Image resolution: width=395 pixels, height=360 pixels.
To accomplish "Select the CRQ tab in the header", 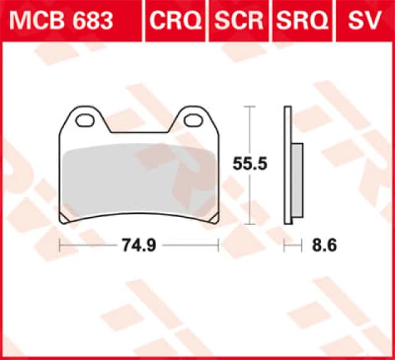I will tap(176, 20).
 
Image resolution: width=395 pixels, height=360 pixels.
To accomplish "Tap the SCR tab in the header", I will tap(239, 20).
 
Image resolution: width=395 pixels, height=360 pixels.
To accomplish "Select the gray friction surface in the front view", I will tap(139, 182).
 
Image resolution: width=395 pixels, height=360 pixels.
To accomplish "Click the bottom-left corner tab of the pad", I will tap(64, 219).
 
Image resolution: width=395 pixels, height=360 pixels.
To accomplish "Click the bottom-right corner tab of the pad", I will tap(214, 219).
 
